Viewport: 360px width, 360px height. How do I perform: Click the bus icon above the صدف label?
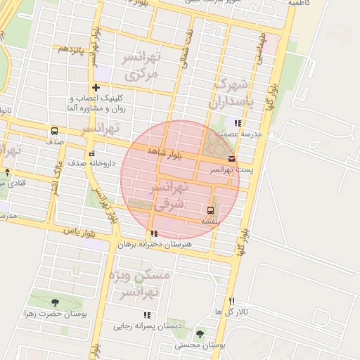(x=54, y=131)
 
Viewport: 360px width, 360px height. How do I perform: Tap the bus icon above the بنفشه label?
(x=211, y=210)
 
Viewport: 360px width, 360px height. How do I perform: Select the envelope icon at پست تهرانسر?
(x=232, y=159)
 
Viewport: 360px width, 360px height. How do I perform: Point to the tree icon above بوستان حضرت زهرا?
(x=56, y=302)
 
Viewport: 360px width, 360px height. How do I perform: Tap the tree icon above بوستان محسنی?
(x=200, y=335)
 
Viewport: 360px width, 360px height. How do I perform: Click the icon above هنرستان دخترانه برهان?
(x=153, y=233)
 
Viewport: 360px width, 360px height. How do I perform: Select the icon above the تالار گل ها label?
(x=231, y=301)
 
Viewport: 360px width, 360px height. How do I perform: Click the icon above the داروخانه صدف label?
(x=91, y=153)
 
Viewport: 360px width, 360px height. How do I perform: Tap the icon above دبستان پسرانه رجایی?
(x=147, y=315)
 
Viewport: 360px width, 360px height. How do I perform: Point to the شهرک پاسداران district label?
(x=229, y=92)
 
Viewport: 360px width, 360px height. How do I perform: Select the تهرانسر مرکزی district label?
(x=141, y=64)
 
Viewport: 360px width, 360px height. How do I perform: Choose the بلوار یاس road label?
(x=78, y=231)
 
